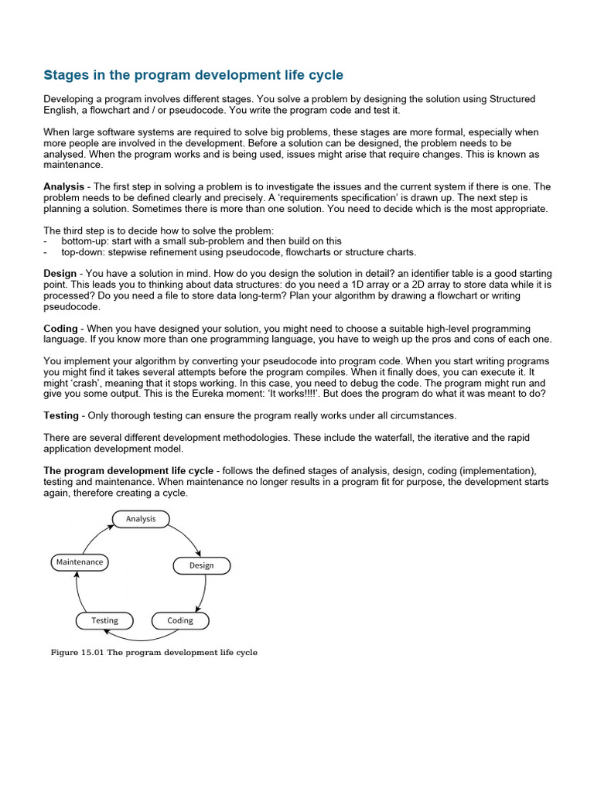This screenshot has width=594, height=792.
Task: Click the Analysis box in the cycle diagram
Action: point(141,519)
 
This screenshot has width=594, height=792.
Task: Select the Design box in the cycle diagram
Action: point(201,565)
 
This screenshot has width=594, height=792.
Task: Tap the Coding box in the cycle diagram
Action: point(180,620)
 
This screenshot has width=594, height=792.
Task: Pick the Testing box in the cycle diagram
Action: point(104,620)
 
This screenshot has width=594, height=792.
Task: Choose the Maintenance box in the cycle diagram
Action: point(79,562)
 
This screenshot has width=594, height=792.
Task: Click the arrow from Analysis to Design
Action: point(186,537)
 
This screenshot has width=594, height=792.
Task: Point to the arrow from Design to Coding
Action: point(203,594)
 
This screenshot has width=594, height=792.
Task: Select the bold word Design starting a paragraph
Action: point(60,274)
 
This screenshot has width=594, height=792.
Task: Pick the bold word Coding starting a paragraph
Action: point(60,329)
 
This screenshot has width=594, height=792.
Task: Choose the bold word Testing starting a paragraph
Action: point(61,415)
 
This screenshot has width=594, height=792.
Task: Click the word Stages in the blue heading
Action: point(65,75)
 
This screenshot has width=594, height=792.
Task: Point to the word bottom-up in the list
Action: point(84,241)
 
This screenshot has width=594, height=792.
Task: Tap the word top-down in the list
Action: point(81,252)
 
